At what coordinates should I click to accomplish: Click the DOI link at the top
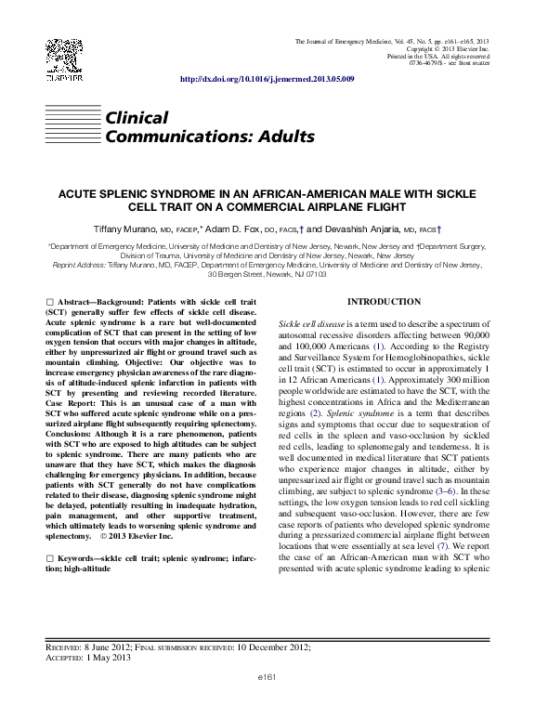[266, 81]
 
